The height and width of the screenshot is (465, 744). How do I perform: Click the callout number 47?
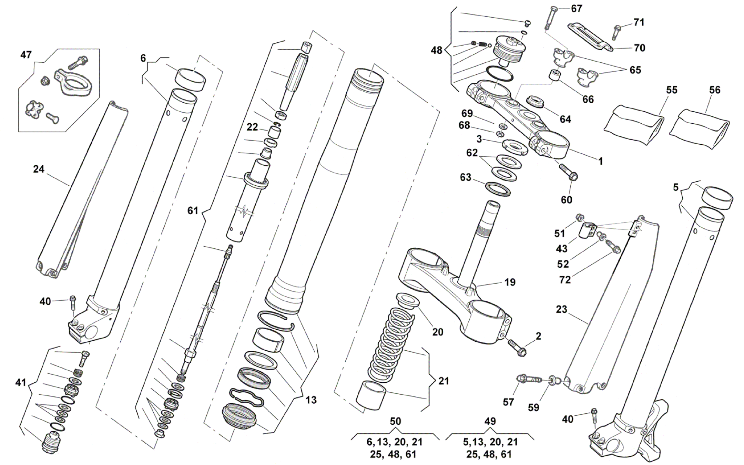point(26,55)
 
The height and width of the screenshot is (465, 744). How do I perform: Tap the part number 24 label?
point(39,169)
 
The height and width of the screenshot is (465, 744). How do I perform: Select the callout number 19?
point(510,282)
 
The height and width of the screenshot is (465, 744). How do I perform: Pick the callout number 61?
point(193,210)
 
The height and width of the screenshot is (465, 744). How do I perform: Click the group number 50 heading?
point(395,421)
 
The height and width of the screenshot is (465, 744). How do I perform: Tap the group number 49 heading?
point(490,421)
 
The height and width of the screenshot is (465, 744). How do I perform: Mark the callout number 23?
point(561,309)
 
